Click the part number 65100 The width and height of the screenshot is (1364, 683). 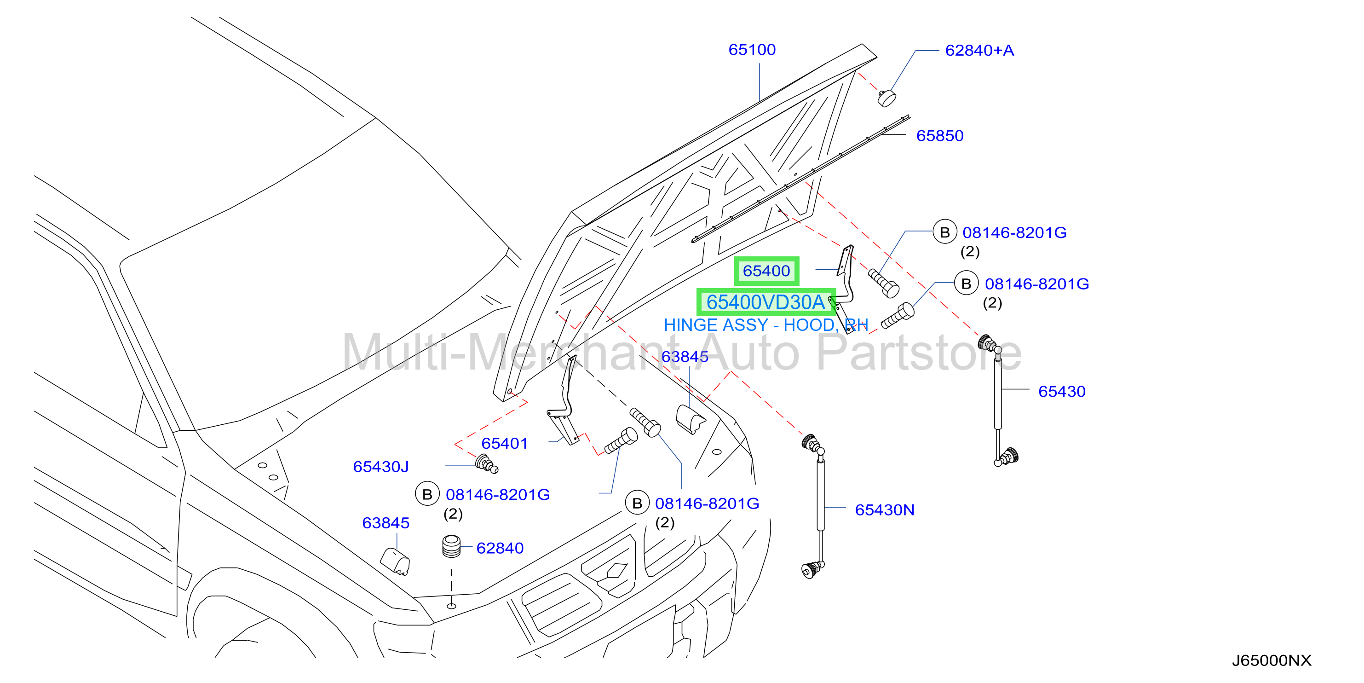pyautogui.click(x=751, y=50)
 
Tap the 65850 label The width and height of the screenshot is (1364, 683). pyautogui.click(x=940, y=136)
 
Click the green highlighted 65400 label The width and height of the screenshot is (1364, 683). pyautogui.click(x=766, y=271)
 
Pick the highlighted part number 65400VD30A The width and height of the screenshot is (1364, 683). pyautogui.click(x=765, y=302)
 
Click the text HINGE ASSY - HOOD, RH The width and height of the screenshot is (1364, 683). pyautogui.click(x=765, y=325)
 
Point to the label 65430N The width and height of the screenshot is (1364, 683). pyautogui.click(x=884, y=510)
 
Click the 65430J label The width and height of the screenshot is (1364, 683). pyautogui.click(x=381, y=466)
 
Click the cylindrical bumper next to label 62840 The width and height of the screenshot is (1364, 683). pyautogui.click(x=451, y=546)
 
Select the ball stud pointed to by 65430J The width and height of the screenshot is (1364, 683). pyautogui.click(x=487, y=463)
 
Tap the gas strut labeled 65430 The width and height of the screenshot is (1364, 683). pyautogui.click(x=998, y=400)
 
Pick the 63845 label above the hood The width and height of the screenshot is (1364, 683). pyautogui.click(x=685, y=357)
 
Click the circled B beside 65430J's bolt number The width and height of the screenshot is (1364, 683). pyautogui.click(x=427, y=494)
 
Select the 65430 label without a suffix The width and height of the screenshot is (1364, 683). pyautogui.click(x=1062, y=391)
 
